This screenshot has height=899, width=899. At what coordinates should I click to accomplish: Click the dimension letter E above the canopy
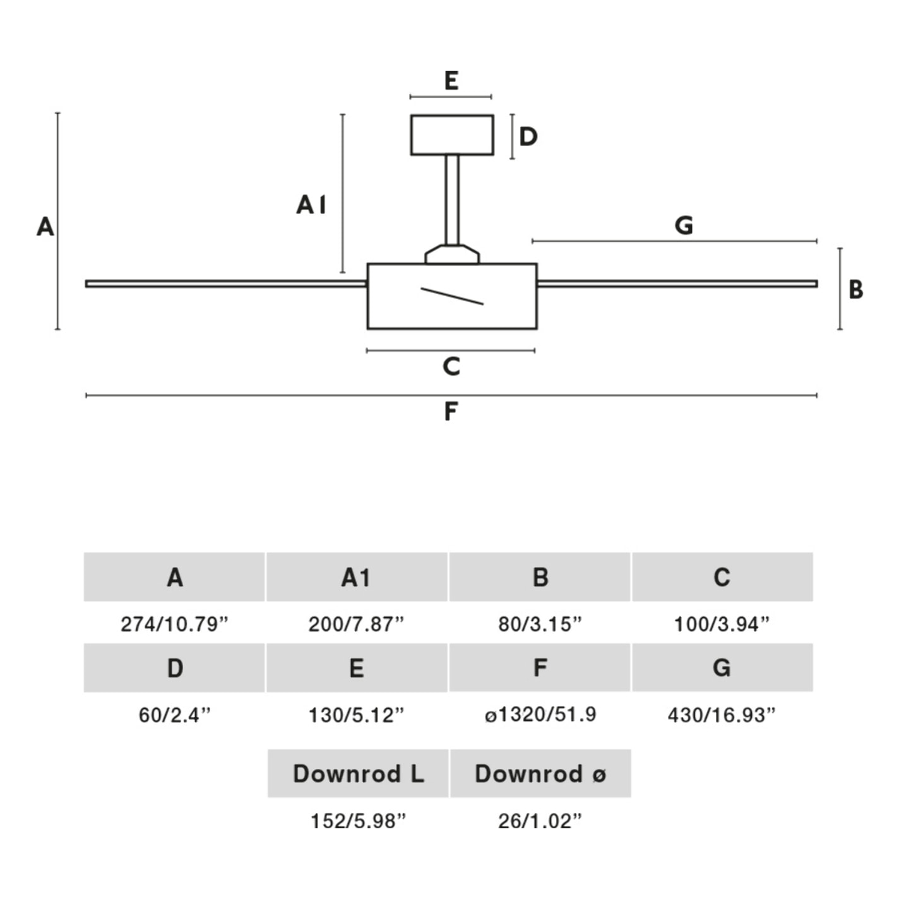click(451, 81)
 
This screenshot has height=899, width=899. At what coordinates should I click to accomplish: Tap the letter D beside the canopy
click(528, 136)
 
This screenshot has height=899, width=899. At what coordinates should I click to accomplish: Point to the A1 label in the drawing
click(311, 205)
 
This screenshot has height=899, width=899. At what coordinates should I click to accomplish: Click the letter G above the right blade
click(684, 225)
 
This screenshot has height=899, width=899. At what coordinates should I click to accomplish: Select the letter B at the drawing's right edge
click(855, 290)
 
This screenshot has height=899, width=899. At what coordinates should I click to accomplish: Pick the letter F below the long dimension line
click(450, 412)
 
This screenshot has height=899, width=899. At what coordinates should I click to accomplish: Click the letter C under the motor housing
click(451, 367)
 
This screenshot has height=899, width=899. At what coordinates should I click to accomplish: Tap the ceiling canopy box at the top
click(452, 134)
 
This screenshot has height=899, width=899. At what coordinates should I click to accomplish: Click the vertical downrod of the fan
click(452, 199)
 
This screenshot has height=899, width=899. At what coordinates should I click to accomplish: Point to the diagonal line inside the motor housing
click(452, 296)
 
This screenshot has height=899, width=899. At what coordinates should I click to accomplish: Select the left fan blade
click(226, 284)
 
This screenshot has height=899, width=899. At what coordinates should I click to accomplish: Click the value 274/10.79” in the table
click(174, 624)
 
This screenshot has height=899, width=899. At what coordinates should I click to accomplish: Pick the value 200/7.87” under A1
click(356, 624)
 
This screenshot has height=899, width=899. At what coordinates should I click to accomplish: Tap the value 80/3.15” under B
click(540, 624)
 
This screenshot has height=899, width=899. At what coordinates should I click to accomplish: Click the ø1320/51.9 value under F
click(540, 715)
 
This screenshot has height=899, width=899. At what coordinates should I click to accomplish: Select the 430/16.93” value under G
click(722, 715)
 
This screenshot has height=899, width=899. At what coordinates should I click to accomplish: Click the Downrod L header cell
click(358, 773)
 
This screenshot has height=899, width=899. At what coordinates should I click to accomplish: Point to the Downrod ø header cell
click(540, 773)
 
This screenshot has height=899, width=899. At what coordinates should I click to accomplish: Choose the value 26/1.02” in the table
click(540, 821)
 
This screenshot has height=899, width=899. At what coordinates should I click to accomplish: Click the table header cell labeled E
click(357, 668)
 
